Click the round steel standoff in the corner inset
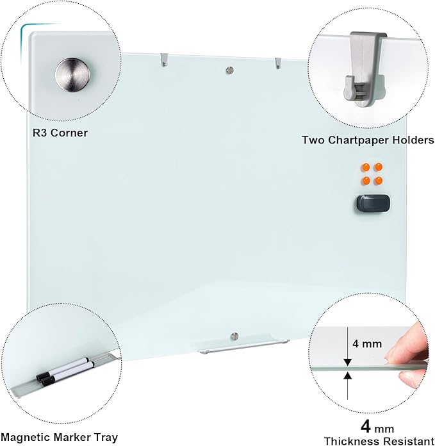coord(72,76)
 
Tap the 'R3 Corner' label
coord(60,133)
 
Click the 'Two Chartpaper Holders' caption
coord(368,139)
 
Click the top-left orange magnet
coord(366,168)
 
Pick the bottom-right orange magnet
coord(379,181)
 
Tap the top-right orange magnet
coord(379,168)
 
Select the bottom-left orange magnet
coord(366,181)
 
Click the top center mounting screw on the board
coord(230,70)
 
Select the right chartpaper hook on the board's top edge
coord(277,63)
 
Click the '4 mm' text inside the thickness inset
coord(367,343)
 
